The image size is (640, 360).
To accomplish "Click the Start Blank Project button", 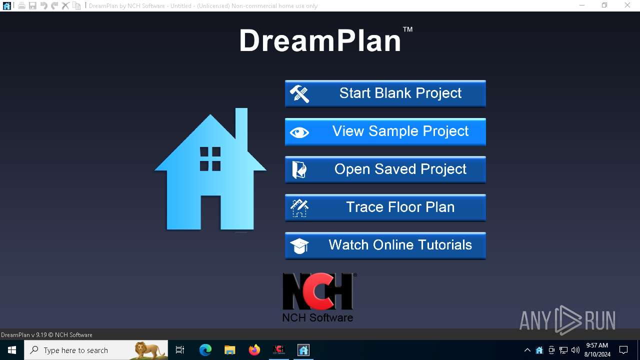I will pos(385,93).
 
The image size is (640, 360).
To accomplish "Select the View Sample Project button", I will pos(385,131).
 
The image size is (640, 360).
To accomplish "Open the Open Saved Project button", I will pos(385,169).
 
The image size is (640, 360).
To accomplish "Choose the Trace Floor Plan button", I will pos(385,207).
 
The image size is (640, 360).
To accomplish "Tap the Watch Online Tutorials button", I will pos(385,245).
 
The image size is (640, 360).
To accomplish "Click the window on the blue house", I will pos(210,159).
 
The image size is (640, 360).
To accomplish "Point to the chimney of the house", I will pos(241,125).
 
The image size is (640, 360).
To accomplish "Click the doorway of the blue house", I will pos(210,212).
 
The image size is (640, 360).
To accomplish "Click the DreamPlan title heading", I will pos(320,40).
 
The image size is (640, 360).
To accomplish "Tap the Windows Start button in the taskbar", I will pos(12,350).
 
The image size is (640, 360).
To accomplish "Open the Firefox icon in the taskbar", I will pos(254,350).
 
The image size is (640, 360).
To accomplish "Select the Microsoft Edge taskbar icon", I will pos(205,350).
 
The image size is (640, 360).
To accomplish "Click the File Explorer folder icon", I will pos(230,350).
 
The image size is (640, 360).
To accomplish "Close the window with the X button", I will pos(627,5).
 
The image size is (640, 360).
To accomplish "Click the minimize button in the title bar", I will pos(581,5).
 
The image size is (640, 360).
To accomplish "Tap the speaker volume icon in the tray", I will pos(575,350).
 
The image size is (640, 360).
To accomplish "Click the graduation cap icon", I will pos(299,245).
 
